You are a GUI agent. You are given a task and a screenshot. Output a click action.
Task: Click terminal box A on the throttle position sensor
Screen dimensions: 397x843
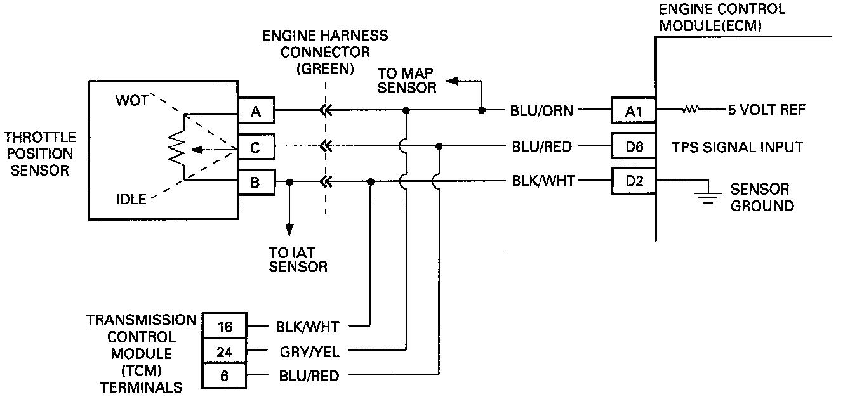pyautogui.click(x=256, y=112)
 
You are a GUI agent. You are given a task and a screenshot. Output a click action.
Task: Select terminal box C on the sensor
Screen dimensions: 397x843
pyautogui.click(x=256, y=148)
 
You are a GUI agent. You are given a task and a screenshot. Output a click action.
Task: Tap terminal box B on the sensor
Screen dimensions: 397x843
pyautogui.click(x=256, y=183)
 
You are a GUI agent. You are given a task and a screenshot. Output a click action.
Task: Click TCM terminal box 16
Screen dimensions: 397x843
pyautogui.click(x=224, y=327)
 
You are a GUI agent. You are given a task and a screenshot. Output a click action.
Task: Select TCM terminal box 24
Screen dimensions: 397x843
pyautogui.click(x=224, y=351)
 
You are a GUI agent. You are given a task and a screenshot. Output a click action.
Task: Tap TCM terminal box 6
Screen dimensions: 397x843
pyautogui.click(x=224, y=375)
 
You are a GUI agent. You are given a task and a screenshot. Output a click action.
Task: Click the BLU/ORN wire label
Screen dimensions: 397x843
pyautogui.click(x=541, y=110)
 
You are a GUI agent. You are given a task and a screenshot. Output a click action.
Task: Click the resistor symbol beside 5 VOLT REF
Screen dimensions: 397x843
pyautogui.click(x=691, y=110)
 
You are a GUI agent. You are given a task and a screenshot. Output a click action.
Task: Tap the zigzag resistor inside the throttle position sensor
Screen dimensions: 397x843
pyautogui.click(x=176, y=147)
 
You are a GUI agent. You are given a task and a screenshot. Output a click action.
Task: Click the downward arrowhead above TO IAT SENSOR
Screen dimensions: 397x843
pyautogui.click(x=289, y=228)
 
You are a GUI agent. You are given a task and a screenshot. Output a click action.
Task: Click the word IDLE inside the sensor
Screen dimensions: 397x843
pyautogui.click(x=131, y=199)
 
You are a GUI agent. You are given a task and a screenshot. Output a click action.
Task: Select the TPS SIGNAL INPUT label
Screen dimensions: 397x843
pyautogui.click(x=737, y=147)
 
